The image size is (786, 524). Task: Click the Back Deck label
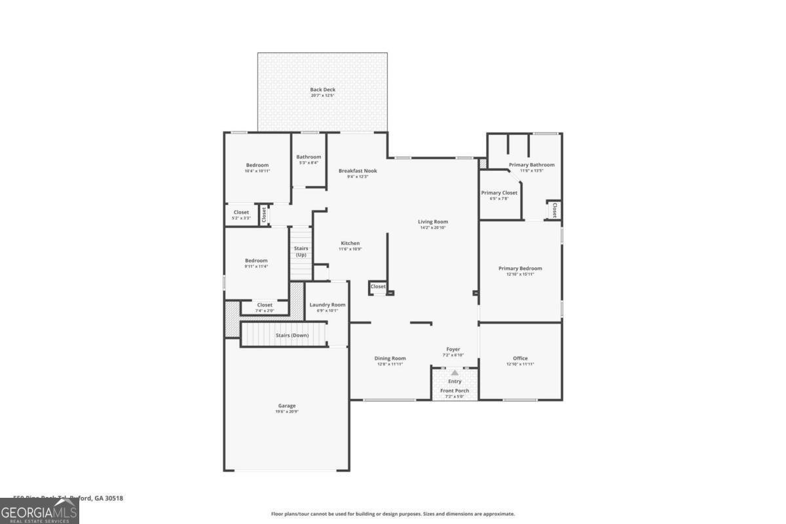coord(322,90)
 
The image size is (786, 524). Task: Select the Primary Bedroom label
coord(520,269)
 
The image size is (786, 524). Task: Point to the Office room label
coord(520,358)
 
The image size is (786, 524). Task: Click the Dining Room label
coord(390,358)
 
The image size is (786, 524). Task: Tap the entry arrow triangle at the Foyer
coord(455,372)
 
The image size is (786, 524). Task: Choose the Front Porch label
coord(455,391)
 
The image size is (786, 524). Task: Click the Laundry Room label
coord(327,305)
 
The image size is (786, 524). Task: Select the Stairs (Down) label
coord(291,335)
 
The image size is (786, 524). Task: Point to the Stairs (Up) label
coord(301,252)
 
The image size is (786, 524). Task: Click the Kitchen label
coord(350,243)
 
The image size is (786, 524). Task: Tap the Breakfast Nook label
coord(358,171)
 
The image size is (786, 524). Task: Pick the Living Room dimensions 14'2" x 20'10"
coord(433,227)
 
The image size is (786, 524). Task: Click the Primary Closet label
coord(499,193)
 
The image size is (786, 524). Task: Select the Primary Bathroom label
coord(531,165)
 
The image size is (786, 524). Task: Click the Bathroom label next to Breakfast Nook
coord(309,157)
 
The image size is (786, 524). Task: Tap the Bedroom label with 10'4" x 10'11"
coord(257,165)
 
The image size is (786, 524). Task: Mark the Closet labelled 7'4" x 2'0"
coord(265,305)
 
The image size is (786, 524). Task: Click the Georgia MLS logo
coord(39,511)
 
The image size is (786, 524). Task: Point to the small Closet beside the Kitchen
coord(378,286)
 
